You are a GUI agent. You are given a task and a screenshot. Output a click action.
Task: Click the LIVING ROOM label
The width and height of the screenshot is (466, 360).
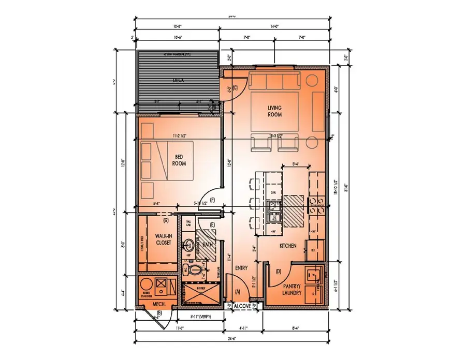click(x=274, y=111)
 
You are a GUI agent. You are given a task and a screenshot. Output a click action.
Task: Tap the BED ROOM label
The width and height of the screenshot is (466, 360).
click(x=179, y=160)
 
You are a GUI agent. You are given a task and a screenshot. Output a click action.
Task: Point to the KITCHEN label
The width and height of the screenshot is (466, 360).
click(x=288, y=246)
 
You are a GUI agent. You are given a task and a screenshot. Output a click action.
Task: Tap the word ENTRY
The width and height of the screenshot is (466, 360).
click(x=242, y=268)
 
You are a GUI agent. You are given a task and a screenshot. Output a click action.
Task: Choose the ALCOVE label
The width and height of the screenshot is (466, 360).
click(x=243, y=306)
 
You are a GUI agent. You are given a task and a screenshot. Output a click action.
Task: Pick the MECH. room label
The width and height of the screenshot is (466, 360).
click(x=158, y=304)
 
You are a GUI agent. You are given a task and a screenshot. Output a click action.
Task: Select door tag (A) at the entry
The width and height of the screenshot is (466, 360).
click(x=238, y=292)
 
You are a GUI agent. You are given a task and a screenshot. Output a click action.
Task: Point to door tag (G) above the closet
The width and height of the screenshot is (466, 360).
click(x=166, y=220)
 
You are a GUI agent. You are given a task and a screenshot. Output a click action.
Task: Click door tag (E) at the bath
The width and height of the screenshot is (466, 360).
click(x=212, y=224)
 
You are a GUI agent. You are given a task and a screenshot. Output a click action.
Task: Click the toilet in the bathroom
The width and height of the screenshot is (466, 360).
click(x=195, y=269)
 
